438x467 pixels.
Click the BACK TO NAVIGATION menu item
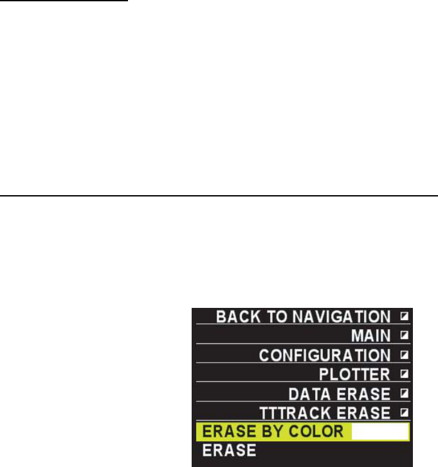(x=302, y=317)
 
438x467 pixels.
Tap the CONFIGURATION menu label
(x=325, y=355)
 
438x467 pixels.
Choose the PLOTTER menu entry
(x=354, y=374)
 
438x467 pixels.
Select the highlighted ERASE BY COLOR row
(x=302, y=431)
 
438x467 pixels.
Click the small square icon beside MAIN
(x=404, y=336)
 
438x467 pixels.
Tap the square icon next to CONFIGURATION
(x=404, y=355)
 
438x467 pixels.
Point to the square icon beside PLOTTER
(x=404, y=374)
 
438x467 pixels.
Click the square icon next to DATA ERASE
(x=404, y=393)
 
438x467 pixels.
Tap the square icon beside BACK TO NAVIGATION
(x=404, y=317)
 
